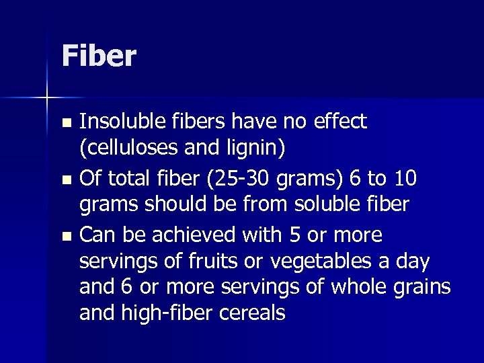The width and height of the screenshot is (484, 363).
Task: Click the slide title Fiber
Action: (99, 56)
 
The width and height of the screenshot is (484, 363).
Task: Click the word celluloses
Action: (136, 147)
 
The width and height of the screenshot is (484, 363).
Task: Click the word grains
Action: (423, 287)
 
